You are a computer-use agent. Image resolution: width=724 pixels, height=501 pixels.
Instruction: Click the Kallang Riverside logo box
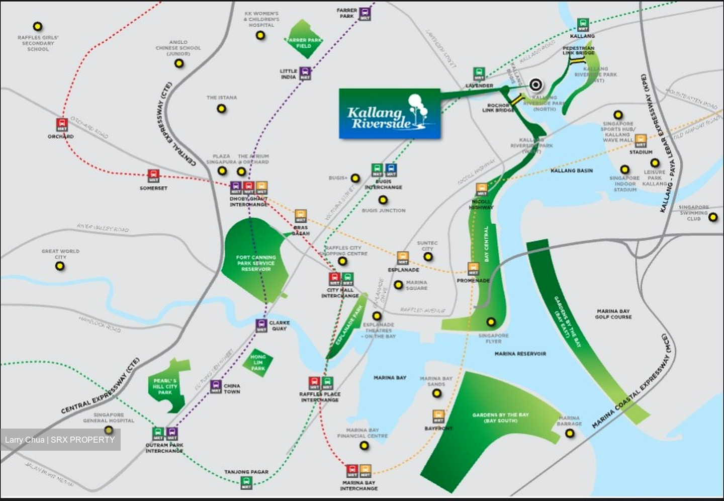[x=390, y=114]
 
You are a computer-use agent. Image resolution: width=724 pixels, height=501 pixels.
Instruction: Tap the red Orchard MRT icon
[x=61, y=125]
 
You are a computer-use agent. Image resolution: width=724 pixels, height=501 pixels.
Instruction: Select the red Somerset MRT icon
[x=153, y=176]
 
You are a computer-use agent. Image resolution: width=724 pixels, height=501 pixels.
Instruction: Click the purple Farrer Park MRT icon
[x=365, y=14]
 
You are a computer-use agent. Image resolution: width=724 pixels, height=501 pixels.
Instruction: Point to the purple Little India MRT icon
[x=305, y=73]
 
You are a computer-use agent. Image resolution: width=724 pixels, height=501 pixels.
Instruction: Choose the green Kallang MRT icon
[x=582, y=25]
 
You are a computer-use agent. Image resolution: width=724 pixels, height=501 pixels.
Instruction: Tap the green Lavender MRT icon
[x=479, y=74]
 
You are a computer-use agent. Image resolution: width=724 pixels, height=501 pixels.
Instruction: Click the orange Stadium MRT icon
[x=641, y=141]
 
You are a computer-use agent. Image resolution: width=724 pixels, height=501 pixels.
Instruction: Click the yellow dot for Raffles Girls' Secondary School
[x=37, y=27]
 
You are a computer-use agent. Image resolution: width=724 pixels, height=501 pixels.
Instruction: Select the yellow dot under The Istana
[x=221, y=109]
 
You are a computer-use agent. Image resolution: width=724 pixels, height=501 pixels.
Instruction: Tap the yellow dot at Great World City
[x=60, y=267]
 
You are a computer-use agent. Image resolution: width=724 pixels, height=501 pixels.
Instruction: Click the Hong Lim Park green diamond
[x=258, y=362]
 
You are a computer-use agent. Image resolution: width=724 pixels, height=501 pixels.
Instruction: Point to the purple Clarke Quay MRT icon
[x=261, y=325]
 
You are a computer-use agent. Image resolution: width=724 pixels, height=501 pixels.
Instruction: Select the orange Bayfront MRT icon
[x=438, y=416]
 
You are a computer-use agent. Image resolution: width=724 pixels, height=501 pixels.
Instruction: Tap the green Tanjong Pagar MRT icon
[x=246, y=483]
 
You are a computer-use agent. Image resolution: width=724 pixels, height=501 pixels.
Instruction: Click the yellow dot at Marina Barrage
[x=569, y=433]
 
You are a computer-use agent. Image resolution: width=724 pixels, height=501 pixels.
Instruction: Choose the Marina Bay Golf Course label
[x=613, y=314]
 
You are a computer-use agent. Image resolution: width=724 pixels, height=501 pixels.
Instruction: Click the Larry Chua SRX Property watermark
[x=60, y=440]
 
